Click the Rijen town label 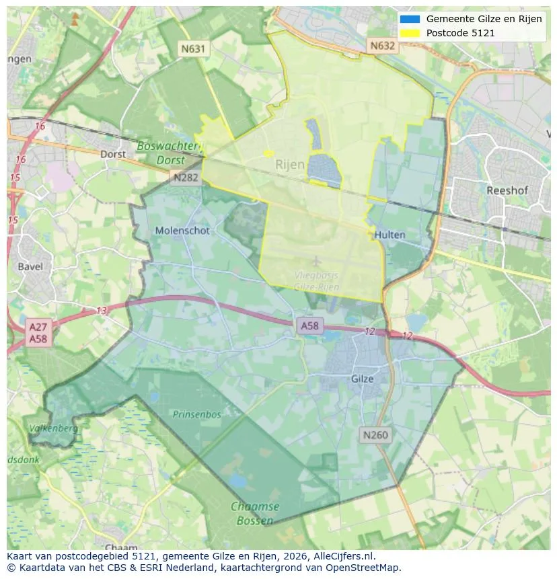point(290,164)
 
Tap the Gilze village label point(362,379)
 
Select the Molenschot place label point(182,231)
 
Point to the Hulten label point(390,235)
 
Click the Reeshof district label point(507,190)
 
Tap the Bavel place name point(30,266)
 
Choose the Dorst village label point(113,154)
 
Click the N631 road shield point(193,48)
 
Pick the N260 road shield point(375,435)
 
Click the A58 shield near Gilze point(309,325)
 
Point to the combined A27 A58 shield point(38,333)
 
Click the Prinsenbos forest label point(196,414)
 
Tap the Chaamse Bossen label point(255,513)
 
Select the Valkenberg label point(54,428)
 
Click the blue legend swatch point(409,19)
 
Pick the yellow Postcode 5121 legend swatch point(409,33)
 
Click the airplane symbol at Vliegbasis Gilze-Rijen point(316,261)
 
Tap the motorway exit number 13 point(101,310)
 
